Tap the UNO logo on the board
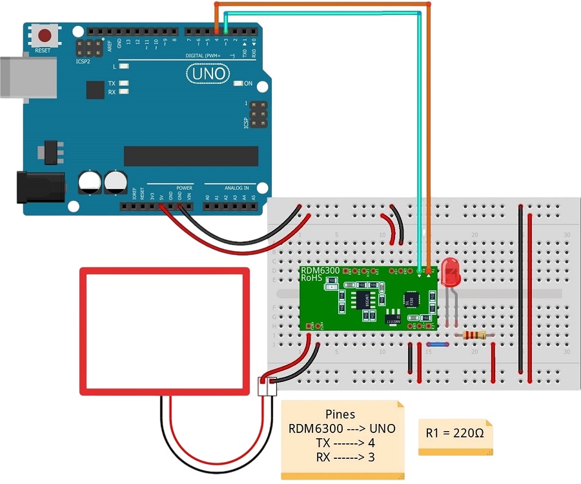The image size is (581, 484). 207,74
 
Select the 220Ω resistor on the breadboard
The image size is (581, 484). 475,334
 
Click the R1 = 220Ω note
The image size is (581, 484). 455,433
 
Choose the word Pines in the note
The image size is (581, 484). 340,415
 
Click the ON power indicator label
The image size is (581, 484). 248,84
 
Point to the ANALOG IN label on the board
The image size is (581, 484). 236,188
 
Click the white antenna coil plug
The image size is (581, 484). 266,387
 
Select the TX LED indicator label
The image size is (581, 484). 112,83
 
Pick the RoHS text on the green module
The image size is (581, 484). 312,277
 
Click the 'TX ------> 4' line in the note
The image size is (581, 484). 341,443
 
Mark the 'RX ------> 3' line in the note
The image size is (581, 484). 341,458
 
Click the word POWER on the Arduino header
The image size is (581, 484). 185,188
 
